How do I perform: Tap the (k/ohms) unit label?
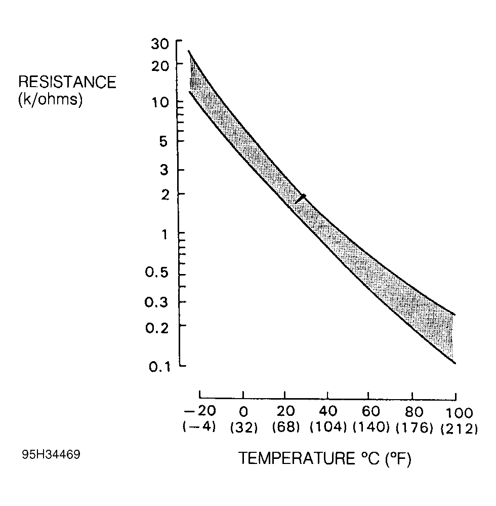(x=50, y=99)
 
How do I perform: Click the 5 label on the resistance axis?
(x=163, y=141)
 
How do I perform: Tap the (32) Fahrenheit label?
(x=244, y=428)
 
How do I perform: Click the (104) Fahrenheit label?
(x=328, y=428)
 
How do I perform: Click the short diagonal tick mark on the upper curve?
(x=301, y=199)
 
